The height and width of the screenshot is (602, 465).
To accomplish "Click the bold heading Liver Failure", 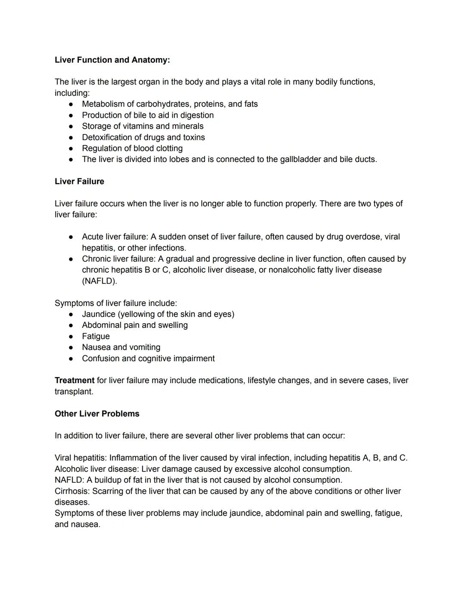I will [x=79, y=181].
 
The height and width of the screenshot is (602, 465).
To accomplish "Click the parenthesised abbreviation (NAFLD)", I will [x=99, y=281].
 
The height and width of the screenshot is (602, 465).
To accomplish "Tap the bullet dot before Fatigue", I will [x=71, y=337].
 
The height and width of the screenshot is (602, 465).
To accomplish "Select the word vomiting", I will [x=145, y=347].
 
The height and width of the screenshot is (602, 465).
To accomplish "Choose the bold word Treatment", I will [x=74, y=381].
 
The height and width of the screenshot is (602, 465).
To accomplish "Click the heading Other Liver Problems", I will [x=97, y=414].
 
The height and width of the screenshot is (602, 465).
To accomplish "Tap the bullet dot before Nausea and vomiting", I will [x=71, y=347].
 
